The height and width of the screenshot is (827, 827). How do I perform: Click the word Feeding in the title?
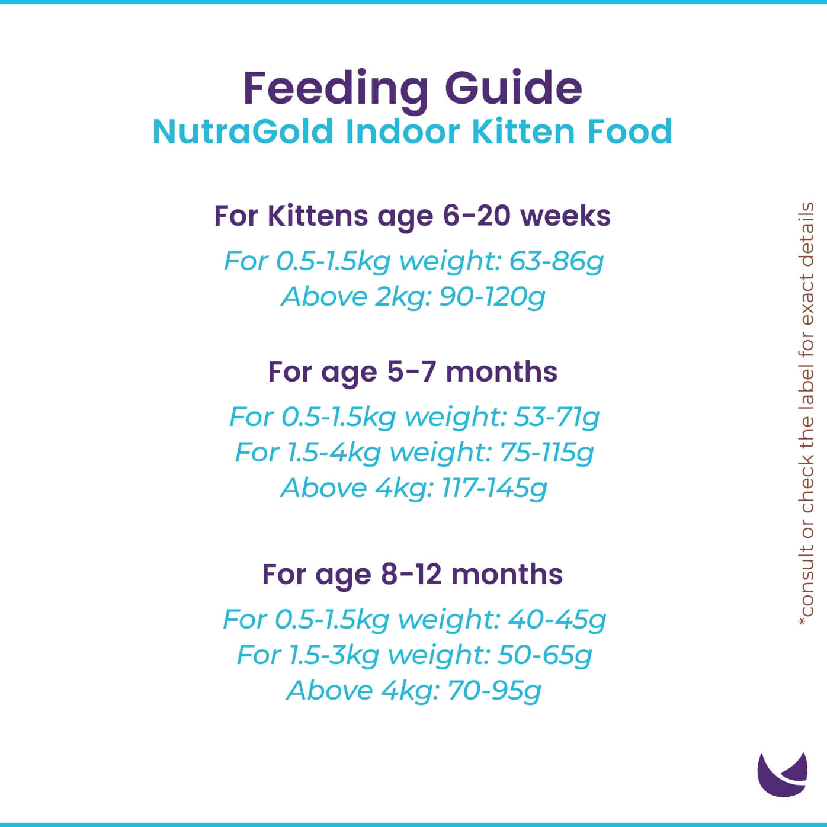[336, 88]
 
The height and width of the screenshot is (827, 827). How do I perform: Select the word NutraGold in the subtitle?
[243, 132]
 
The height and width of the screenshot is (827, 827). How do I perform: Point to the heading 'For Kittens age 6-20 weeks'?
[412, 216]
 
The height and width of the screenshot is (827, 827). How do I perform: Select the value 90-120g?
[492, 297]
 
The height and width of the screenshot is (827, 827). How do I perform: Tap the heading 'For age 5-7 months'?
[412, 372]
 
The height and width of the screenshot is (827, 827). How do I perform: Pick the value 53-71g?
[556, 417]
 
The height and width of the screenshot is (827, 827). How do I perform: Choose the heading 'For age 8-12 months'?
[412, 575]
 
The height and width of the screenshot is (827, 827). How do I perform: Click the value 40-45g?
[556, 620]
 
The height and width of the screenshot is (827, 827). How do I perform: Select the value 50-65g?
[544, 655]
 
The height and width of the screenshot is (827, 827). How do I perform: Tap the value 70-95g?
[494, 691]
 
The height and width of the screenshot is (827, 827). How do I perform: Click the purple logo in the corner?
[782, 774]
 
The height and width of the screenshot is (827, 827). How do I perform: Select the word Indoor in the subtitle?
[400, 132]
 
